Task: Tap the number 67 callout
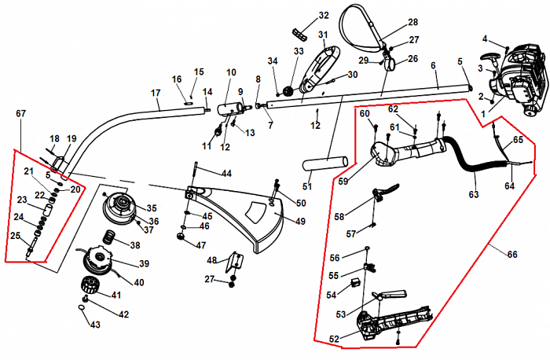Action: (21, 113)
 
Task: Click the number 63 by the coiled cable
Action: (473, 193)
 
